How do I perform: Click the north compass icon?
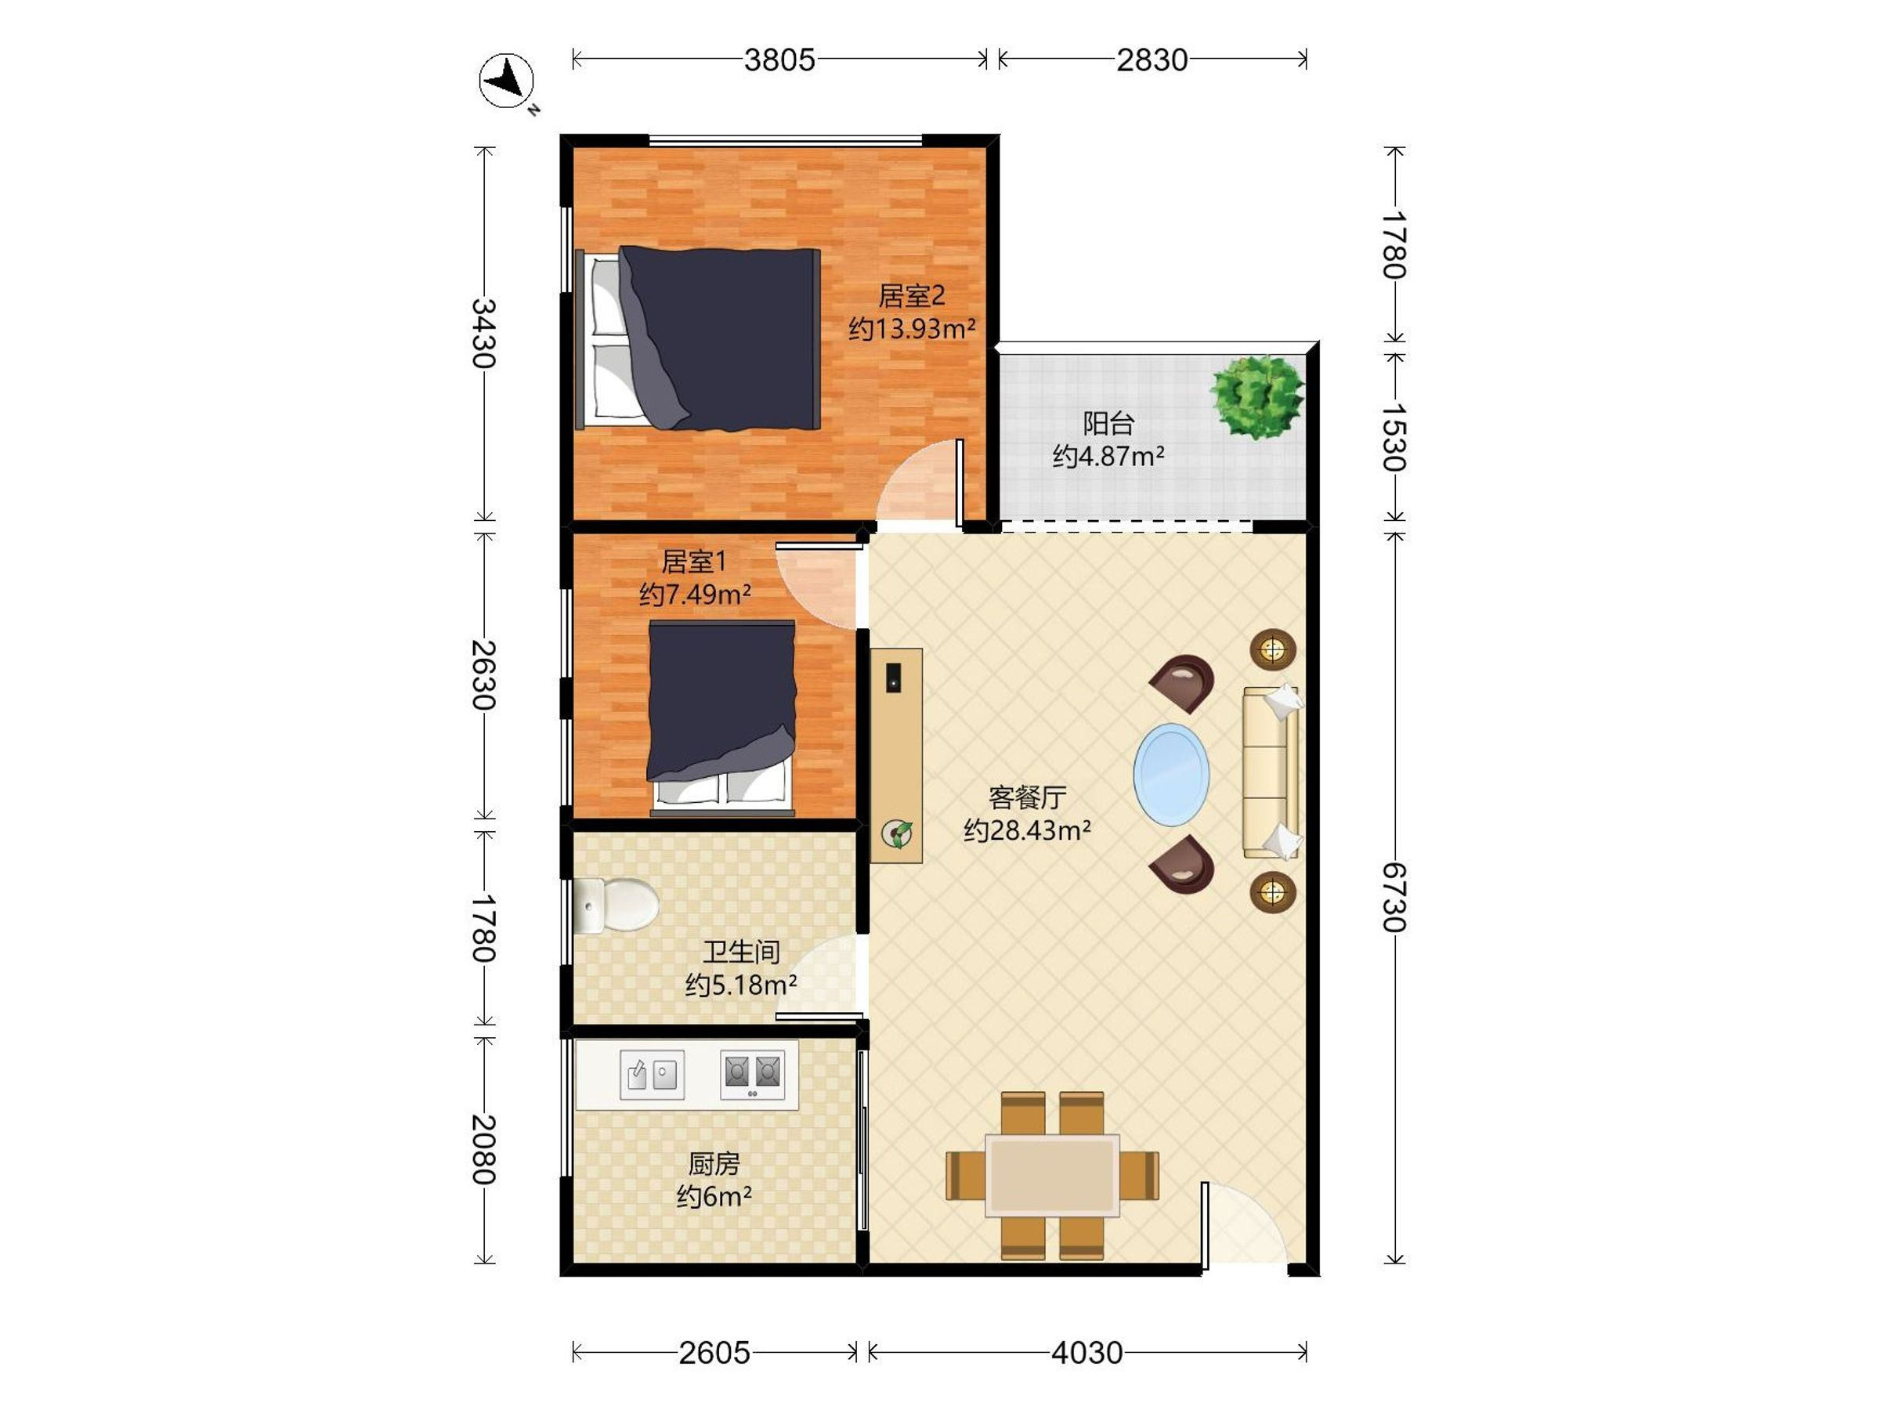tap(508, 81)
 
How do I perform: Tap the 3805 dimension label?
tap(779, 60)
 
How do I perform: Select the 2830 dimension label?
tap(1151, 60)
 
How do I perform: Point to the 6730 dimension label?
tap(1394, 897)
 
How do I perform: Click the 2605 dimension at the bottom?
tap(714, 1352)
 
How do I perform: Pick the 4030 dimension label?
tap(1087, 1352)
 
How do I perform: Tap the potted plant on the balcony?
tap(1257, 396)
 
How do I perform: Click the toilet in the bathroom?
tap(616, 904)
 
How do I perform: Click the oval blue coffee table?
tap(1171, 774)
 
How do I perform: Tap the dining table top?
tap(1052, 1176)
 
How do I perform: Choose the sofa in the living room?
tap(1271, 772)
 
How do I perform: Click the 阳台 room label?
tap(1108, 423)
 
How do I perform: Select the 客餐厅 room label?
tap(1028, 797)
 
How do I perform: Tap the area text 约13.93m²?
tap(912, 329)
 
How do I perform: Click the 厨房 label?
tap(714, 1162)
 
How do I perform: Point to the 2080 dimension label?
tap(483, 1149)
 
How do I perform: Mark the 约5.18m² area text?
tap(741, 985)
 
